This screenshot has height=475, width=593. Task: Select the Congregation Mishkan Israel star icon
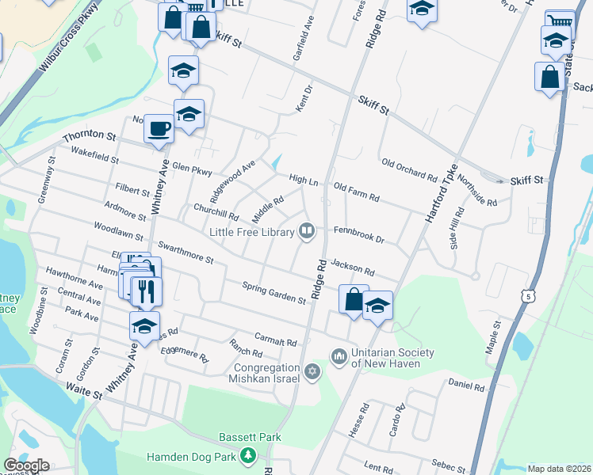pos(312,370)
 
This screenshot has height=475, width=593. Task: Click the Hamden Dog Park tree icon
pos(248,455)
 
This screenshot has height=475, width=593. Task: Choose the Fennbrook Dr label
pos(358,236)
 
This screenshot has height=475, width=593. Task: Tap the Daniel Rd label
pos(466,386)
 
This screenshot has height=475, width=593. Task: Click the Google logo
pos(26,465)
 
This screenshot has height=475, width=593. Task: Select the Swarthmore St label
pos(186,253)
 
